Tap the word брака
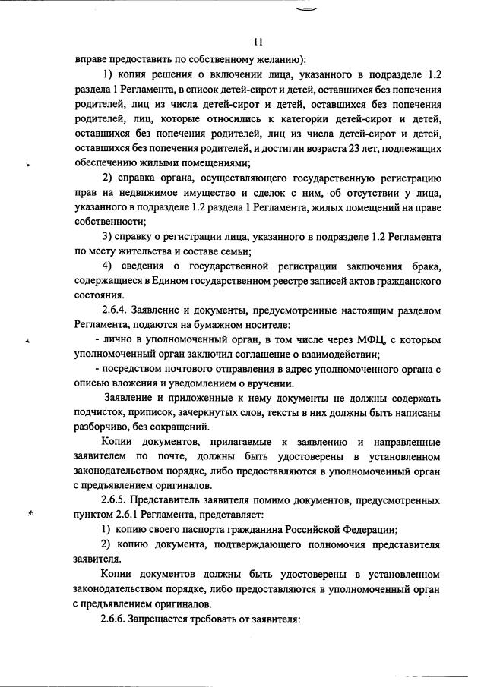point(422,266)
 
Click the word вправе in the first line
point(92,58)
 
